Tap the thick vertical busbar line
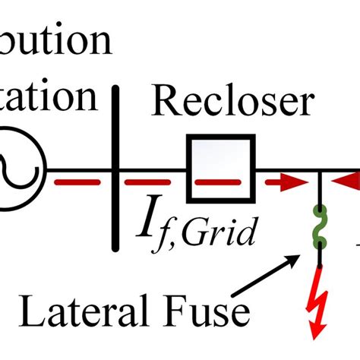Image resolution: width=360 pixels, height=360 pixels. point(116,167)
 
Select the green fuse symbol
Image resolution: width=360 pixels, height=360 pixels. point(320,227)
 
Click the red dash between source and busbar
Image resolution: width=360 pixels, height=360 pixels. point(75,183)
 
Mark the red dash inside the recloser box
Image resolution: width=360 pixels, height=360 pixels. point(220,183)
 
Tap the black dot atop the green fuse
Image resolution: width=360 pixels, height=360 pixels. point(320,208)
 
